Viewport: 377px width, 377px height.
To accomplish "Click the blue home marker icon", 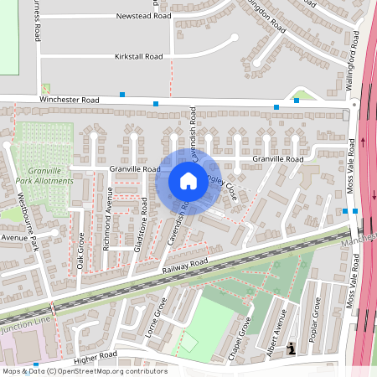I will click(188, 180).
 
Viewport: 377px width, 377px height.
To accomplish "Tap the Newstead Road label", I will click(143, 16).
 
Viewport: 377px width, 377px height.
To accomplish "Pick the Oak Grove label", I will click(81, 250).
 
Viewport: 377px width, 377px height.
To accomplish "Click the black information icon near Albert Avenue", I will click(291, 348).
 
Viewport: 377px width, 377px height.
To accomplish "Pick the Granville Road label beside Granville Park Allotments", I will click(134, 168).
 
